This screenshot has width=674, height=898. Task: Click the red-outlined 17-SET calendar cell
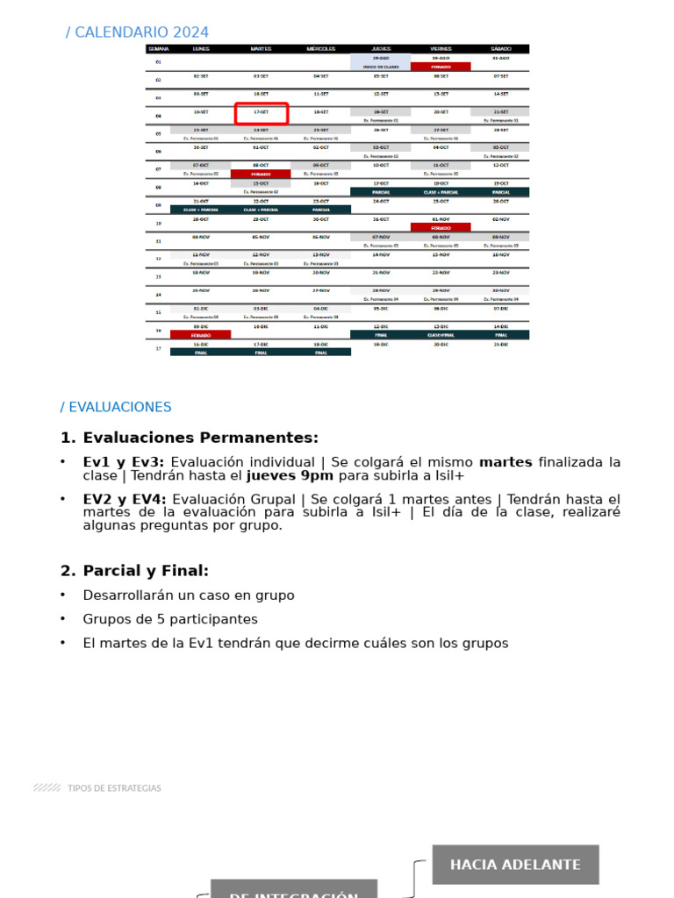point(262,113)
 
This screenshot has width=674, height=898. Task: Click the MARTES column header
point(262,49)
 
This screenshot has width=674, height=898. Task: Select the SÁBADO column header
point(500,49)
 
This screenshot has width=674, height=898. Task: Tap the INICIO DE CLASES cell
point(380,67)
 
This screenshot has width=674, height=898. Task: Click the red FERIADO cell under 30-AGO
point(441,67)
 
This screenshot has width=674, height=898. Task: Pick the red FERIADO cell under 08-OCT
point(262,174)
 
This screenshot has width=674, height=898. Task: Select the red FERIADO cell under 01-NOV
point(441,228)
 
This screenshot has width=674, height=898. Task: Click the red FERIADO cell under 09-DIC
point(201,334)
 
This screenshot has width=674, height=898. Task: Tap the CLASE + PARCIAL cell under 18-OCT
point(441,191)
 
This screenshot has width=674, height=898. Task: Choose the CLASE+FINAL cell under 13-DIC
point(441,334)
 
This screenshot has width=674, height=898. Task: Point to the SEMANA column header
point(158,49)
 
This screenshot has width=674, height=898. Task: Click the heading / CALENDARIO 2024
point(137,32)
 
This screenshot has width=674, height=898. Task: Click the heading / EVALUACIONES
point(116,407)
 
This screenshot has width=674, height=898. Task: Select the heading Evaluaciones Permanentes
point(200,438)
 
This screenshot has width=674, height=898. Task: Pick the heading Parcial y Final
point(146,571)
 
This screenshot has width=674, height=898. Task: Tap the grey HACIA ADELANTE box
point(515,865)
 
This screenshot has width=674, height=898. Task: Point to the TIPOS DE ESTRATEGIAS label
point(114,788)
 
